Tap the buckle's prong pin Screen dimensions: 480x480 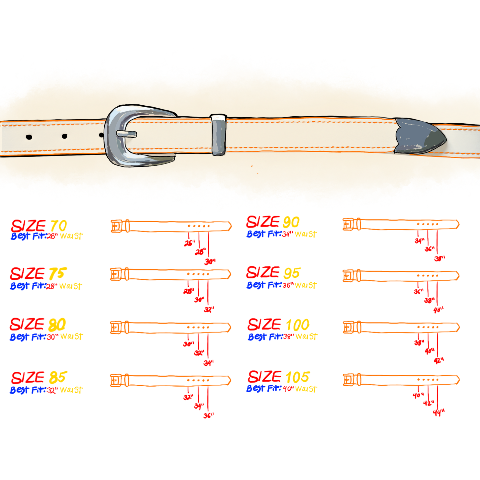click(127, 134)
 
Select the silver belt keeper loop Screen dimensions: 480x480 click(218, 135)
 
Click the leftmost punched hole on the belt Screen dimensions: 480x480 click(29, 137)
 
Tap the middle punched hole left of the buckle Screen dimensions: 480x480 click(64, 136)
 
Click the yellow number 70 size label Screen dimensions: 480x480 click(58, 227)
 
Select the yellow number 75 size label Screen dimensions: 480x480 click(58, 274)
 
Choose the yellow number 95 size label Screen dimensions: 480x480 click(292, 273)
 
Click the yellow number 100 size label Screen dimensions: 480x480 click(297, 325)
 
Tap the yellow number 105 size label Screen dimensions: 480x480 click(298, 377)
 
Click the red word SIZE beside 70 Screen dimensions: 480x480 click(28, 227)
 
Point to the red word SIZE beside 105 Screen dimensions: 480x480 click(264, 377)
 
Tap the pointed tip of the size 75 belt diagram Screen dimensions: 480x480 click(229, 275)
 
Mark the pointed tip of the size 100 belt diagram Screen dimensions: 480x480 click(457, 328)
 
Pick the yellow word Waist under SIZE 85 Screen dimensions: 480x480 click(72, 390)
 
